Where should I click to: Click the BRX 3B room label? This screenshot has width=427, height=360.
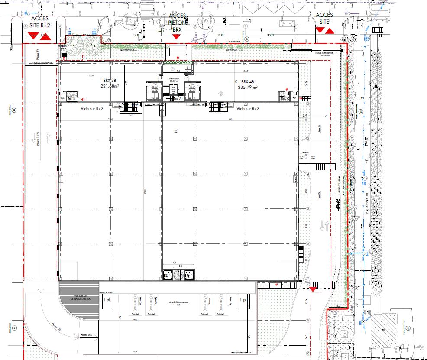[x=109, y=81]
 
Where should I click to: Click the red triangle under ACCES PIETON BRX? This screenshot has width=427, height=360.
[x=176, y=37]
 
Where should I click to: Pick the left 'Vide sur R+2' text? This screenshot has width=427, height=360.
[x=92, y=109]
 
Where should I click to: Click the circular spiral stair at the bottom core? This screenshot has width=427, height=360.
[x=178, y=275]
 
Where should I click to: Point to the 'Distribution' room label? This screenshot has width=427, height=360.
[x=175, y=79]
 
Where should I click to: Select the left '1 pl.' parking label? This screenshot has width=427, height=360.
[x=106, y=299]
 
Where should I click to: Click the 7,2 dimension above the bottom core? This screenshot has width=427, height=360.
[x=175, y=263]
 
